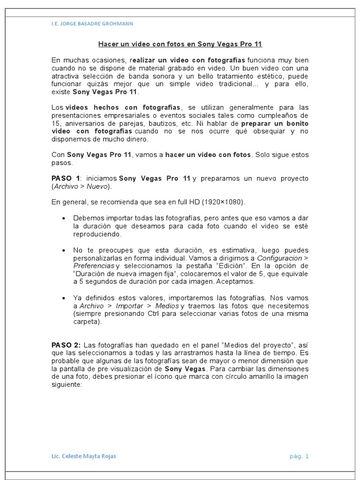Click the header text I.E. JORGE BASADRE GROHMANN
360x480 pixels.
(x=92, y=23)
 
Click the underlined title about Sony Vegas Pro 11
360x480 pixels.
(x=180, y=45)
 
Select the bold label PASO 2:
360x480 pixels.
(x=66, y=345)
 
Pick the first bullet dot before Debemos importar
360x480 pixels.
(x=63, y=218)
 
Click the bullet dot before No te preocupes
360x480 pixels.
(x=63, y=250)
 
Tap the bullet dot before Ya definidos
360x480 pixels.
(x=63, y=298)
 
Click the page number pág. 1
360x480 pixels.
(x=300, y=456)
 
